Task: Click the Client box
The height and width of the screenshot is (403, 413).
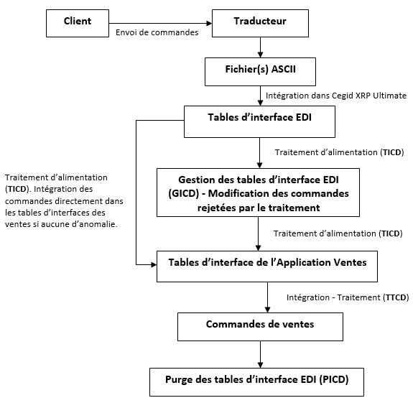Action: pyautogui.click(x=77, y=22)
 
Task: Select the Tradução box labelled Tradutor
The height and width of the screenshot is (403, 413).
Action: pyautogui.click(x=259, y=22)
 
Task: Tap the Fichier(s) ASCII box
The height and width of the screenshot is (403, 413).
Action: pyautogui.click(x=259, y=71)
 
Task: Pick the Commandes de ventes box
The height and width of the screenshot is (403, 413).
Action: pyautogui.click(x=259, y=325)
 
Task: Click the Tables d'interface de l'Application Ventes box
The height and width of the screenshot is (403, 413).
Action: pyautogui.click(x=267, y=263)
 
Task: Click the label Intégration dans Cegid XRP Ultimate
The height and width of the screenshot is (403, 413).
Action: pyautogui.click(x=336, y=96)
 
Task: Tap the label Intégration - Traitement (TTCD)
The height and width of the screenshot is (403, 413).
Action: pyautogui.click(x=346, y=297)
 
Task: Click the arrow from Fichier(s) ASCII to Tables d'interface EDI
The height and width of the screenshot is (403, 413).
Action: pyautogui.click(x=259, y=96)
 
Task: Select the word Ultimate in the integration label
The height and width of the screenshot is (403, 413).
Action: pyautogui.click(x=389, y=96)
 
